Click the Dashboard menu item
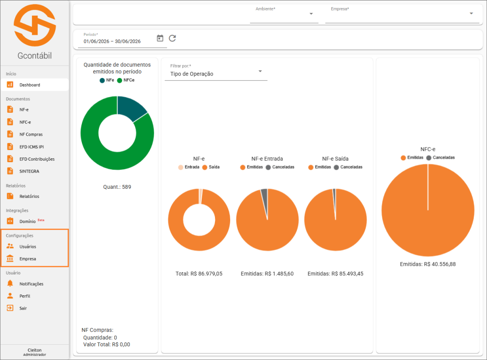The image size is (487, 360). pyautogui.click(x=30, y=85)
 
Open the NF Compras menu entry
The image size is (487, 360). pyautogui.click(x=31, y=134)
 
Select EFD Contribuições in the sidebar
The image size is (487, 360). pyautogui.click(x=37, y=159)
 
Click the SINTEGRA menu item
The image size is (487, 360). pyautogui.click(x=29, y=171)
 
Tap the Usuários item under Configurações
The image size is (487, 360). pyautogui.click(x=28, y=247)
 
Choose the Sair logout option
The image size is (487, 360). pyautogui.click(x=23, y=308)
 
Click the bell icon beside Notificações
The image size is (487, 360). pyautogui.click(x=10, y=283)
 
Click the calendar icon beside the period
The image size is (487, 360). pyautogui.click(x=160, y=38)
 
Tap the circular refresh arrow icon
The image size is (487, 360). pyautogui.click(x=172, y=38)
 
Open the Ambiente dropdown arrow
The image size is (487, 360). pyautogui.click(x=311, y=14)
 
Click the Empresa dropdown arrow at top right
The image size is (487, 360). pyautogui.click(x=471, y=14)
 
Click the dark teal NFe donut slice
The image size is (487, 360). pyautogui.click(x=131, y=107)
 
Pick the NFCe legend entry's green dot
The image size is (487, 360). pyautogui.click(x=119, y=80)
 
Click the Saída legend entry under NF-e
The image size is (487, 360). pyautogui.click(x=211, y=167)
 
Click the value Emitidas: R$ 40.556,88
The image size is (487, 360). pyautogui.click(x=428, y=264)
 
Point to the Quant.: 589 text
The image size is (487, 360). pyautogui.click(x=117, y=187)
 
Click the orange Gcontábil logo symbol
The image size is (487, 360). pyautogui.click(x=35, y=26)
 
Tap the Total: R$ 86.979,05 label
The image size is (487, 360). pyautogui.click(x=199, y=273)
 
